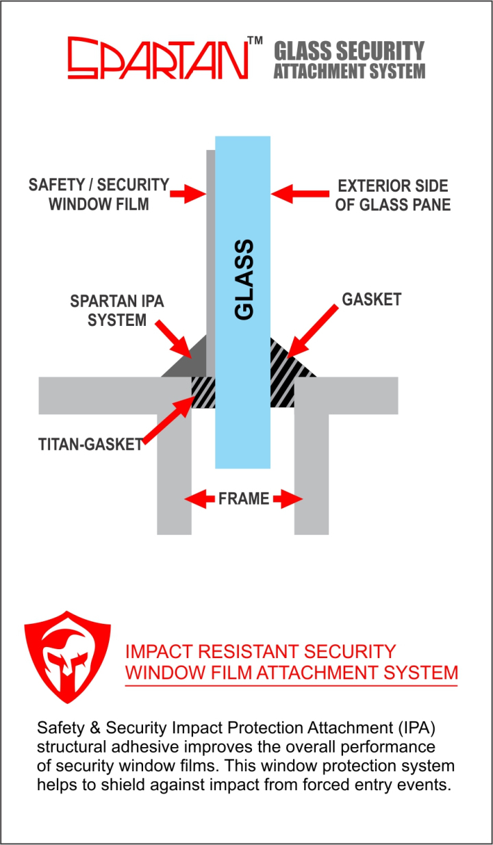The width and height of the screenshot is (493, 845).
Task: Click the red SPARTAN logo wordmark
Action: [x=157, y=59]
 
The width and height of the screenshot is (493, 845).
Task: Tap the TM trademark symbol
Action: [x=255, y=42]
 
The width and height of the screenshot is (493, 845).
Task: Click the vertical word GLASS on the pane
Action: [x=244, y=279]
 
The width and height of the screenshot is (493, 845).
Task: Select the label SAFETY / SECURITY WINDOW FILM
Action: [x=99, y=194]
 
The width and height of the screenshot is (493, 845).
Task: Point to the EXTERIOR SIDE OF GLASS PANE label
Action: [x=392, y=195]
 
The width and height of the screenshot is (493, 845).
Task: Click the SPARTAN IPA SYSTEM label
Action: [x=117, y=310]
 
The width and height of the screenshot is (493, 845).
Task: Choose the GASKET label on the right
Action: [x=370, y=299]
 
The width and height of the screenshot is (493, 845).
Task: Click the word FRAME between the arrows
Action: [x=244, y=499]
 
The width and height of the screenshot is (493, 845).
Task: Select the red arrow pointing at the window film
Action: [x=188, y=194]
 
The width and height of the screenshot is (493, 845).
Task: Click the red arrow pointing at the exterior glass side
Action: [x=291, y=194]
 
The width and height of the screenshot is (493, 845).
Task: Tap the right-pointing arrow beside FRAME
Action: [x=288, y=499]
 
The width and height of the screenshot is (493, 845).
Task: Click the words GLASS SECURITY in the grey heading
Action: [x=349, y=51]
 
